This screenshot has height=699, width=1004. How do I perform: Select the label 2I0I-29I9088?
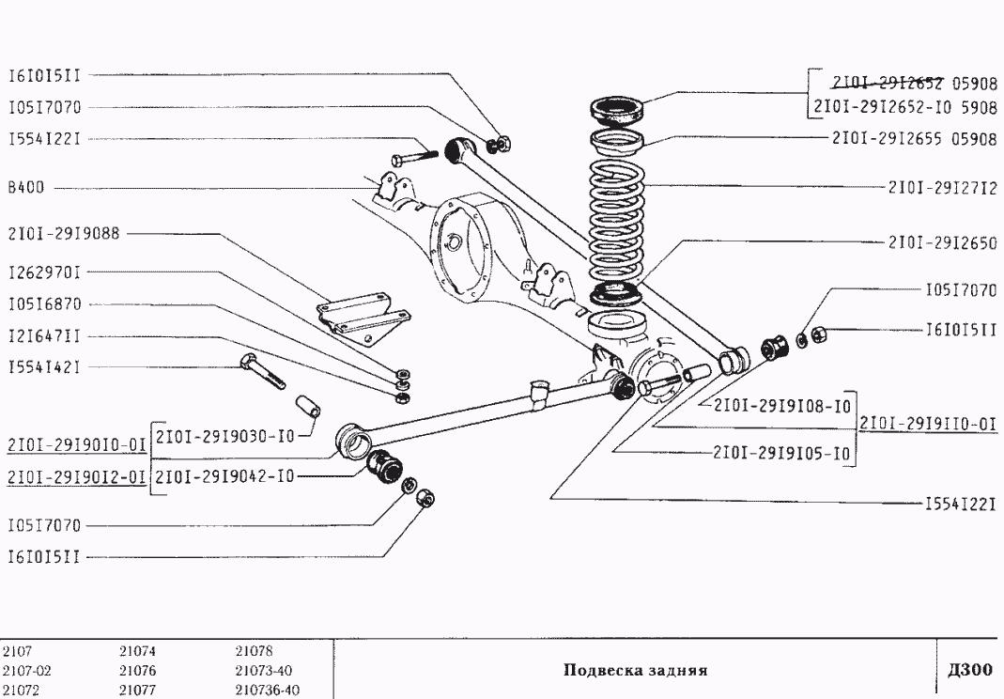[64, 233]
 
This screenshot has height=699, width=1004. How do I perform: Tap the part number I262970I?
[44, 272]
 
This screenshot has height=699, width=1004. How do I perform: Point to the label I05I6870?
[44, 304]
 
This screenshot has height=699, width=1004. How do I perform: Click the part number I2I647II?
[44, 335]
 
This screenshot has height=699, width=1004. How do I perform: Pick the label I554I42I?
[44, 367]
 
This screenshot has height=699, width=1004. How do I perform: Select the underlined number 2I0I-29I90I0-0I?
[75, 444]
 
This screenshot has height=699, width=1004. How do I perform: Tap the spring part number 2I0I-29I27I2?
[941, 187]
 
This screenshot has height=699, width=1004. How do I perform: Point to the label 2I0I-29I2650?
[941, 242]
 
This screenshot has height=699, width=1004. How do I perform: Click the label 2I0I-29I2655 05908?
[913, 139]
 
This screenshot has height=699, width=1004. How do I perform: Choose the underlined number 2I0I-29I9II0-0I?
[928, 423]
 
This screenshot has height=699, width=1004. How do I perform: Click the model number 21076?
[137, 671]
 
